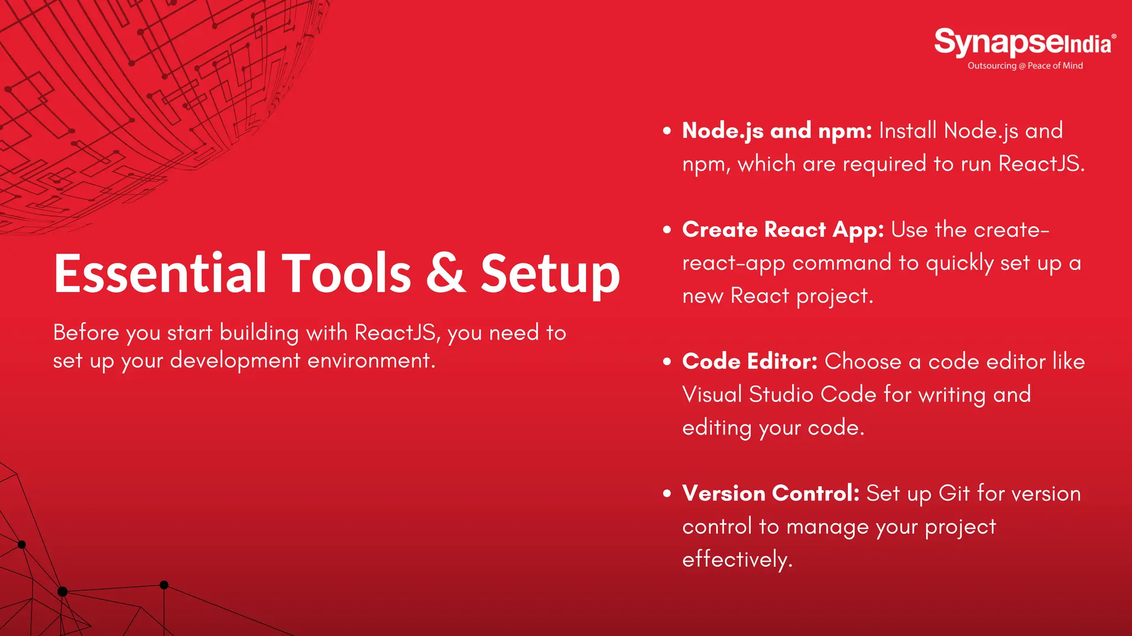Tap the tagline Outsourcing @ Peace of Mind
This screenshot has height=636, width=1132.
tap(1025, 66)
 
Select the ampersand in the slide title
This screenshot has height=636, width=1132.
tap(446, 273)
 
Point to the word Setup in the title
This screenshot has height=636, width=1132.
tap(549, 274)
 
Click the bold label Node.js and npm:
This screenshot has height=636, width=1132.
tap(777, 131)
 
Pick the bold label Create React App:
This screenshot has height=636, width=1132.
tap(783, 230)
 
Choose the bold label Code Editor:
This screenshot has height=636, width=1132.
tap(750, 362)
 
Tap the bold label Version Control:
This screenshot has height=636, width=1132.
tap(771, 493)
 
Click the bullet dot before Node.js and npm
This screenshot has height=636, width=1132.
tap(667, 131)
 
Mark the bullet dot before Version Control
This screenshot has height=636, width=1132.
tap(667, 494)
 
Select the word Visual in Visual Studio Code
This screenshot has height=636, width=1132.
tap(712, 395)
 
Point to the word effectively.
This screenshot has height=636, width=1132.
tap(737, 559)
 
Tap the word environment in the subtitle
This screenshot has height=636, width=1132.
tap(371, 361)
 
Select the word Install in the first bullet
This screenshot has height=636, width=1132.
tap(908, 131)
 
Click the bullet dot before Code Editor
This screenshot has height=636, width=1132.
tap(667, 362)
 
